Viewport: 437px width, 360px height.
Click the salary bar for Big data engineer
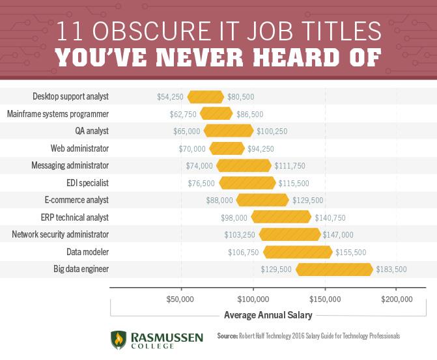coord(334,269)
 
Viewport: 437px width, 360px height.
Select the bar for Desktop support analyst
coord(206,97)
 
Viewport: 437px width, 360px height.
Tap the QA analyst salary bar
coord(228,131)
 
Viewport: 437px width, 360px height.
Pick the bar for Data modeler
coord(298,252)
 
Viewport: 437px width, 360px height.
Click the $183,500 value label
coord(391,269)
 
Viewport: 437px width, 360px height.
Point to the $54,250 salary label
coord(170,97)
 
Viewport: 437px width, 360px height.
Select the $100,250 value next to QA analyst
coord(272,131)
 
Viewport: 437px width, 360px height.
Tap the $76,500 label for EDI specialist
coord(201,183)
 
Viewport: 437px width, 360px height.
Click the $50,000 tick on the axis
coord(180,299)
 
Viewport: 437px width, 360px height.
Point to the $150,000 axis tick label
coord(324,299)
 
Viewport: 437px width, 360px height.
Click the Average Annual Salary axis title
coord(268,315)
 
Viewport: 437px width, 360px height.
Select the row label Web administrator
coord(79,148)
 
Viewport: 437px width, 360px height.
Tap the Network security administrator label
coord(60,234)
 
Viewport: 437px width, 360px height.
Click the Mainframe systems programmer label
coord(57,114)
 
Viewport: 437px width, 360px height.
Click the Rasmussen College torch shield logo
coord(118,340)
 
